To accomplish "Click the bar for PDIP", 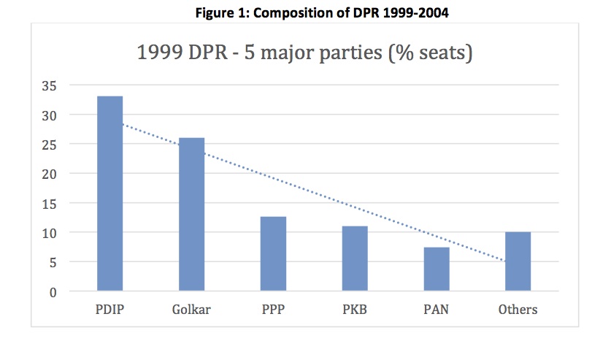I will coord(109,194).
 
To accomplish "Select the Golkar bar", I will coord(191,214).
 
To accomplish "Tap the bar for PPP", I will coord(273,253).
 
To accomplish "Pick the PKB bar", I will coord(355,258).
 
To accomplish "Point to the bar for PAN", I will coord(437,269).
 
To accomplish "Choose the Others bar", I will coord(518,261).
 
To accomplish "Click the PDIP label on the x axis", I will coord(109,310).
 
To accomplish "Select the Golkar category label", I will coord(191,310).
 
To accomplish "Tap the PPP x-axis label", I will coord(273,310).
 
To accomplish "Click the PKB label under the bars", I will coord(355,310).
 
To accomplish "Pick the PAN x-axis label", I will coord(437,310).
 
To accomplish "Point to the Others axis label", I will coord(518,310).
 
